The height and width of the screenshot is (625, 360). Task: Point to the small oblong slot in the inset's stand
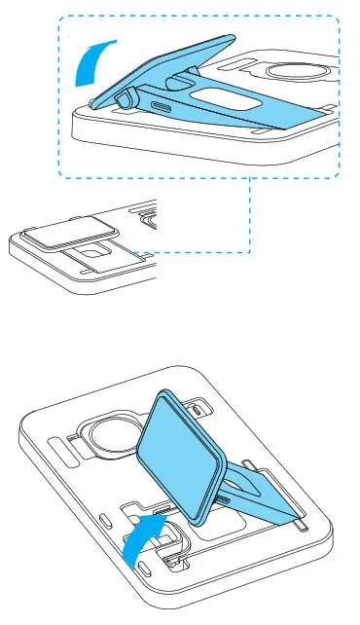(x=161, y=104)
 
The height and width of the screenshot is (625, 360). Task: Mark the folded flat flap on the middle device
(x=66, y=230)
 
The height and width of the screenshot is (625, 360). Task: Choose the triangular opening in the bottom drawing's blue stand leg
(x=255, y=488)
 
